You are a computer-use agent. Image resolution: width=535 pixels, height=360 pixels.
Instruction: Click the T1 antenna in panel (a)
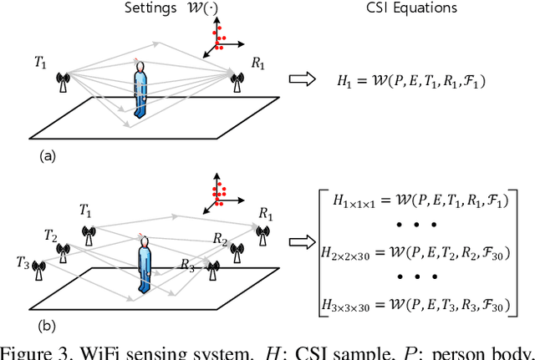(61, 82)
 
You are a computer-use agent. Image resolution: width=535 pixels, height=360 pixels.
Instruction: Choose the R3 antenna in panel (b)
(214, 268)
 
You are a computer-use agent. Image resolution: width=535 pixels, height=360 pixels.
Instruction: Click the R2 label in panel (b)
(219, 239)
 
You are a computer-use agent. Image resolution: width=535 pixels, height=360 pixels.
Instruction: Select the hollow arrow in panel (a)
(301, 79)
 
